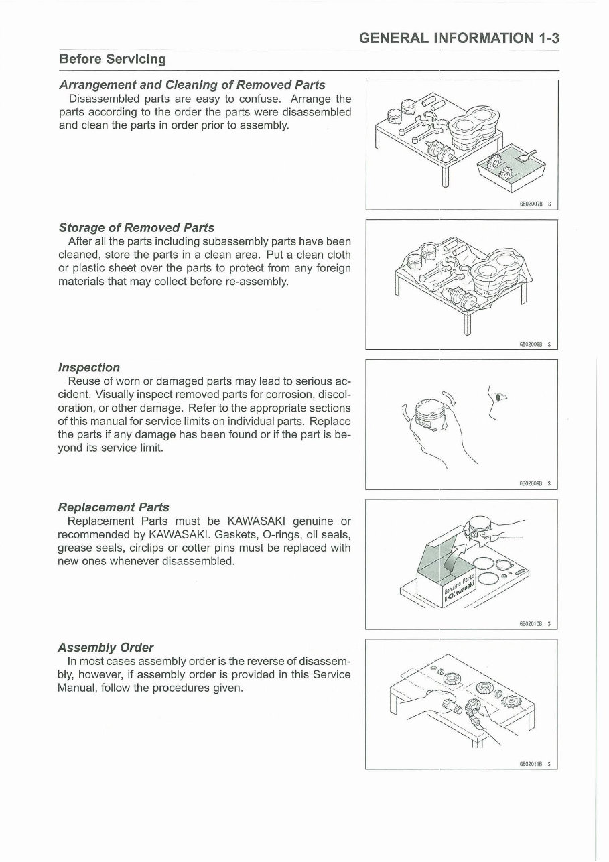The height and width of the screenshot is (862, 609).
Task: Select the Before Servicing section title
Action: pyautogui.click(x=113, y=59)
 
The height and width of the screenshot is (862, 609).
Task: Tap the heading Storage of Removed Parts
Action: pyautogui.click(x=137, y=227)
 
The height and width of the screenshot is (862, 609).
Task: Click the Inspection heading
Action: pyautogui.click(x=89, y=367)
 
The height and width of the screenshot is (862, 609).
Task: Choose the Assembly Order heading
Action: pyautogui.click(x=105, y=648)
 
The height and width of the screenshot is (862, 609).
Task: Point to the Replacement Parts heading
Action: pyautogui.click(x=113, y=507)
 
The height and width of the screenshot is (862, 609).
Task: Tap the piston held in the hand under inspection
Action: pyautogui.click(x=426, y=415)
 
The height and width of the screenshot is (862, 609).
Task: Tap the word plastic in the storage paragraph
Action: pyautogui.click(x=88, y=269)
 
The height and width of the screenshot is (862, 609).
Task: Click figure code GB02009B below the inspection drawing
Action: pyautogui.click(x=531, y=483)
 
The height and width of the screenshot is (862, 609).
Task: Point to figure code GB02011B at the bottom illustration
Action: pyautogui.click(x=531, y=763)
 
